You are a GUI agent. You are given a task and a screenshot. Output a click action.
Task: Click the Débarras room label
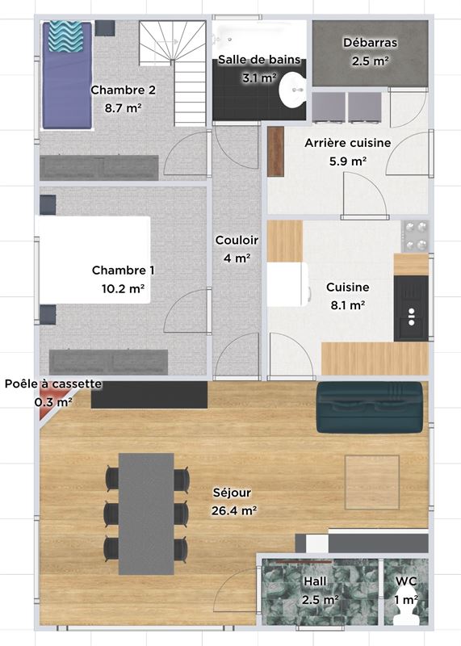370,43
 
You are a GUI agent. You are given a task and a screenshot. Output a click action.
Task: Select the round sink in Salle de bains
292,90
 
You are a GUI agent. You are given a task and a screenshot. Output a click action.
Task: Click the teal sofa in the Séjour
370,407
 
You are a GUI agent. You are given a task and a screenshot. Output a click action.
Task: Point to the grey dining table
146,514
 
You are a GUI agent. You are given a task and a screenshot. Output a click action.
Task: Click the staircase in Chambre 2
173,73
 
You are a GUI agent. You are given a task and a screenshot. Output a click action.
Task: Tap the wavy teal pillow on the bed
66,37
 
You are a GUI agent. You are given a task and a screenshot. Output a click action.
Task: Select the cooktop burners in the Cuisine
415,237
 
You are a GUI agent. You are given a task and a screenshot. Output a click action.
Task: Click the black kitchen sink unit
411,308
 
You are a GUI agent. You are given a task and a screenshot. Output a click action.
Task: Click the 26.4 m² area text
234,511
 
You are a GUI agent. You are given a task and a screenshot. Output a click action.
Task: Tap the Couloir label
237,240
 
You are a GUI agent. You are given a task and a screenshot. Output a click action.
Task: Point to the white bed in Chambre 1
94,260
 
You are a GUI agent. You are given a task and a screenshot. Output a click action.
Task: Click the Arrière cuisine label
348,143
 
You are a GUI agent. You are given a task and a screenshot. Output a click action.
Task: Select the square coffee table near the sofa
372,482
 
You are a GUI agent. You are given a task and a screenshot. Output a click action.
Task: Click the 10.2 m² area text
123,288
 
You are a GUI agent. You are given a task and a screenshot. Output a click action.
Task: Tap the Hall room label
315,581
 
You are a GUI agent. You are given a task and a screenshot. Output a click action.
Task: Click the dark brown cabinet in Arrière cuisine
275,152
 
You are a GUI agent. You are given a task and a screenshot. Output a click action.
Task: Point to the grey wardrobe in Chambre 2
99,168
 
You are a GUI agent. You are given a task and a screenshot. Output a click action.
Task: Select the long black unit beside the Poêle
149,395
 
